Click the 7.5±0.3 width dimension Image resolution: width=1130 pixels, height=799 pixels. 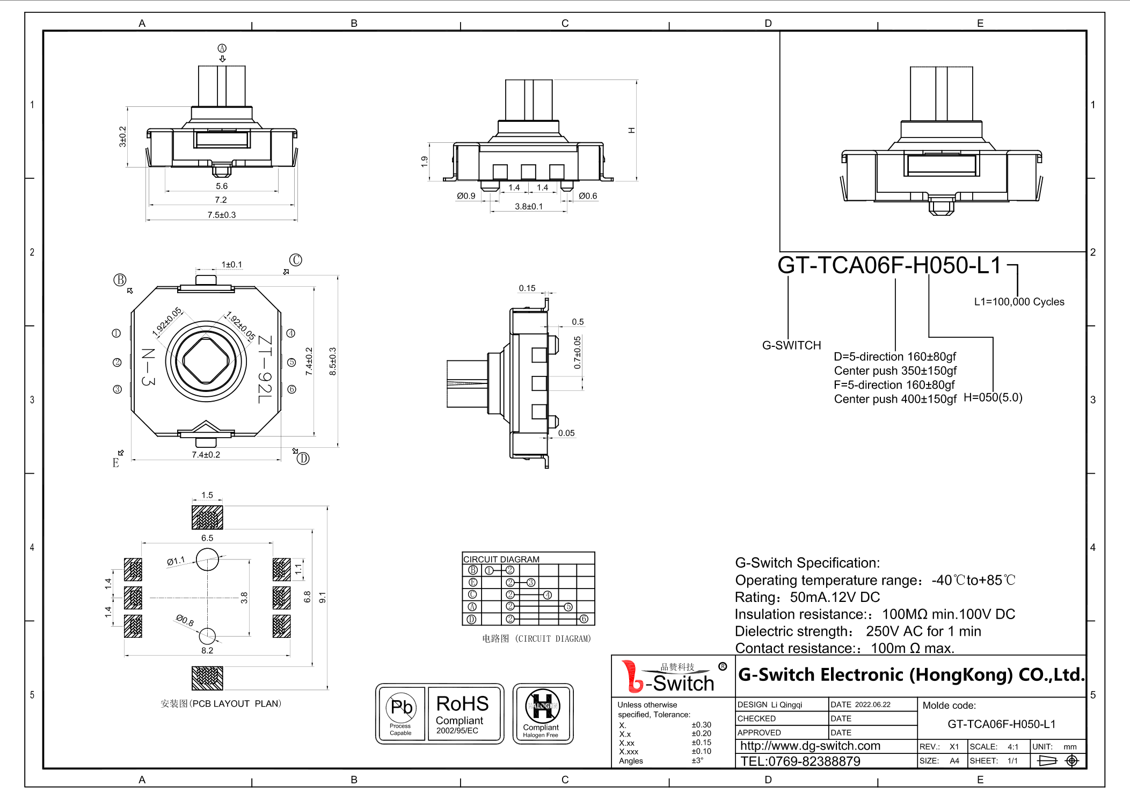pos(221,215)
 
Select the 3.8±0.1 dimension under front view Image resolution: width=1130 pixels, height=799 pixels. pos(529,206)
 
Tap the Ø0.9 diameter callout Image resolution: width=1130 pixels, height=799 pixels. pos(466,196)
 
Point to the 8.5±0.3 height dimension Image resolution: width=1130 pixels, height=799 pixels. pos(333,361)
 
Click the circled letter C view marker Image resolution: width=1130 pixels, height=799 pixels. pos(296,260)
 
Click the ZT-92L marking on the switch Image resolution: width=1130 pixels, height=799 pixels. pos(265,369)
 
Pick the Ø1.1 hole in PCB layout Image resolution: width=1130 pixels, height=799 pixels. pos(207,560)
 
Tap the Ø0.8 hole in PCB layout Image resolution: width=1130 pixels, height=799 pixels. pos(207,636)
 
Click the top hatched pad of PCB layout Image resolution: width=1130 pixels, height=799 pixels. pos(207,517)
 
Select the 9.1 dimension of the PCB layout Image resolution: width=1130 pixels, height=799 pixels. pos(323,597)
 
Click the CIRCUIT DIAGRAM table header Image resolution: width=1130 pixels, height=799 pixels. pos(501,559)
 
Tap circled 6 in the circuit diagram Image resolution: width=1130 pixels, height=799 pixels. pos(584,619)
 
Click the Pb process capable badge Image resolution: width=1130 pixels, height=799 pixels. pos(401,713)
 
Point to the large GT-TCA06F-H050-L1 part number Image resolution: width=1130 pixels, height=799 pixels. pos(889,265)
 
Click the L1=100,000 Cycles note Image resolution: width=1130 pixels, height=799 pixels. pos(1019,302)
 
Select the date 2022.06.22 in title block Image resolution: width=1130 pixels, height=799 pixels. pos(872,704)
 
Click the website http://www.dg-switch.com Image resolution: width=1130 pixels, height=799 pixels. pos(810,746)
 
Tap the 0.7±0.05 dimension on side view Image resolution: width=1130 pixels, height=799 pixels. pos(577,352)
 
